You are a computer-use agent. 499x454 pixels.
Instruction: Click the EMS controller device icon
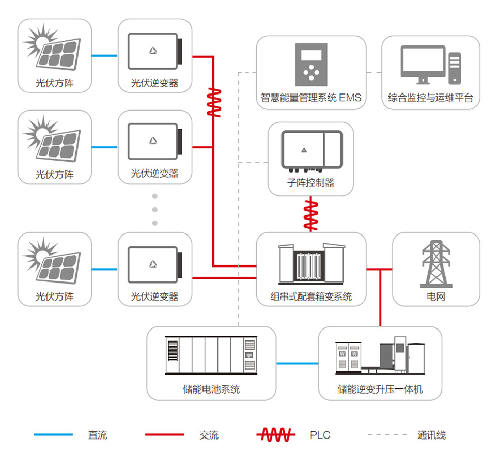pos(311,65)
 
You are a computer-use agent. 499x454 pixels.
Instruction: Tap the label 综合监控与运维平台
pos(430,98)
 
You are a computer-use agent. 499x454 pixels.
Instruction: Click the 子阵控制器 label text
pos(310,183)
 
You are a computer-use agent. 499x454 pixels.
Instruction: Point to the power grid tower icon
pos(436,263)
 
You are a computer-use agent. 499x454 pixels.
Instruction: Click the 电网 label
pos(436,296)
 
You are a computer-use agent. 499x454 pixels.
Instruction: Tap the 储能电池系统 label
pos(211,389)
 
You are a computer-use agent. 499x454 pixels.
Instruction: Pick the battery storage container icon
pos(211,355)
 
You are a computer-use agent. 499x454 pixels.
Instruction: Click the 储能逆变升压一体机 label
pos(380,389)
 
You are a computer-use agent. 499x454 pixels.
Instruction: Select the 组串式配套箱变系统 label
pos(311,296)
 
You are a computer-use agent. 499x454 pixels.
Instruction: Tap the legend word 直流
pos(98,435)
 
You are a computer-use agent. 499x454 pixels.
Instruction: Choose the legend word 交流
pos(209,435)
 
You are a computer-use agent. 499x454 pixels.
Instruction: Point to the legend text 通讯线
pos(431,435)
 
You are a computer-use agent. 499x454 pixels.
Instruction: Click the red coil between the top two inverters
pos(213,102)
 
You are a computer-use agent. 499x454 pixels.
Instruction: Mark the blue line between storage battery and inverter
pos(297,363)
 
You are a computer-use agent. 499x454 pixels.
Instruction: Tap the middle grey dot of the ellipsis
pos(154,210)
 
